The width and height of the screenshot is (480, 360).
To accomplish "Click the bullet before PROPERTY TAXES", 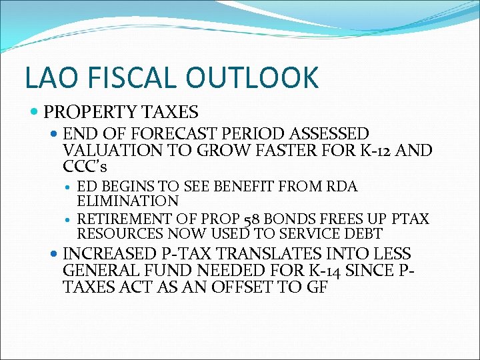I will pyautogui.click(x=34, y=111).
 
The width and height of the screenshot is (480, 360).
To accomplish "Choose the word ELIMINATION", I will pyautogui.click(x=127, y=201).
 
